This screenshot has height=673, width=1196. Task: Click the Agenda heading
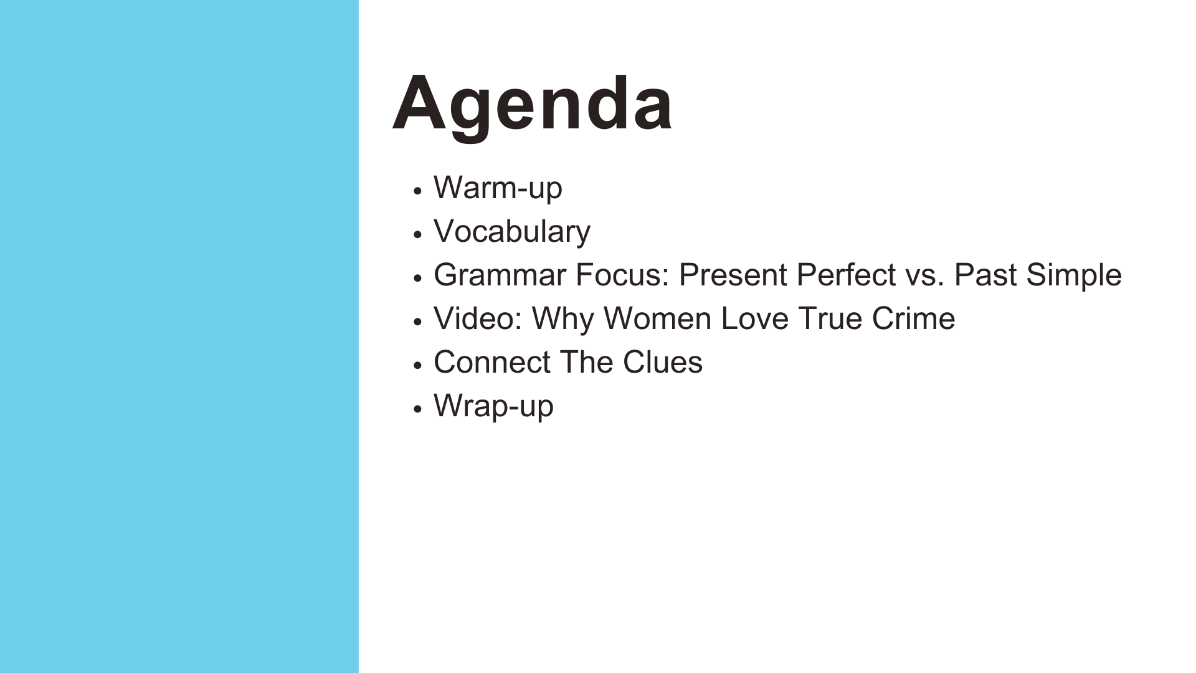click(533, 105)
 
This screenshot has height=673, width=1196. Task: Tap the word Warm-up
click(498, 188)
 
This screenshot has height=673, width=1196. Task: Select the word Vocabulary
click(512, 232)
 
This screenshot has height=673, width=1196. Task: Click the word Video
click(478, 318)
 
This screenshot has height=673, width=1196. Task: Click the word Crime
click(913, 318)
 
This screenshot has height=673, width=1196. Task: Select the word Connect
click(492, 362)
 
